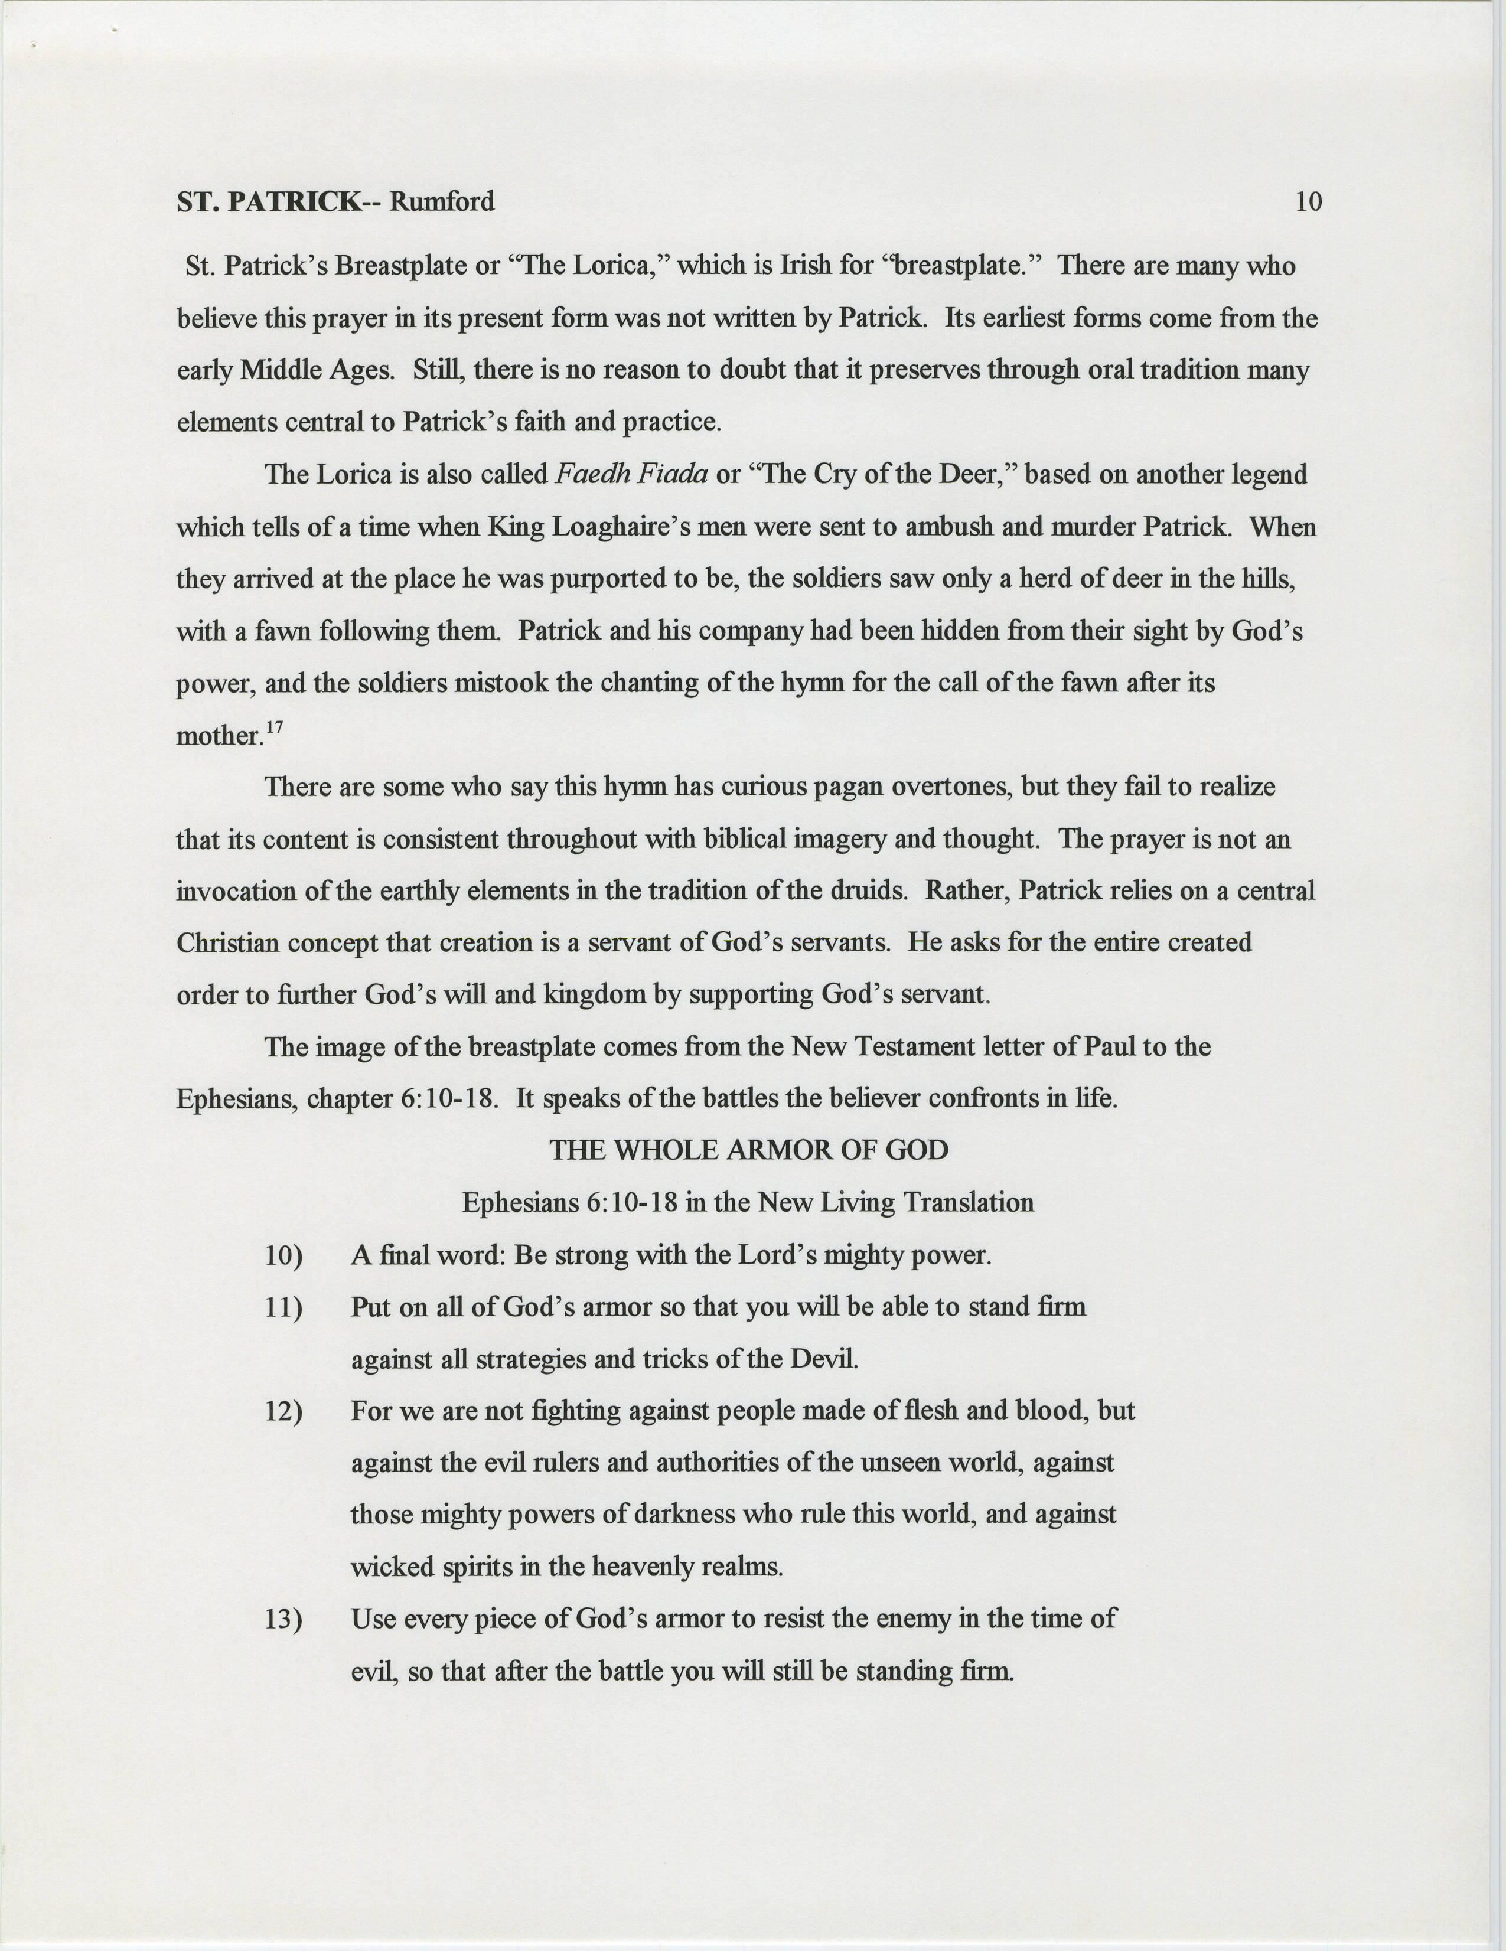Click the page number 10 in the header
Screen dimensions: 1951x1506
pos(1308,202)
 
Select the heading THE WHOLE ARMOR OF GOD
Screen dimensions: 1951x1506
pos(748,1150)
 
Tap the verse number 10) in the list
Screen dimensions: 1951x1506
pos(284,1256)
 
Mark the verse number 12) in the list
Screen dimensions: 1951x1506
pos(284,1411)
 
